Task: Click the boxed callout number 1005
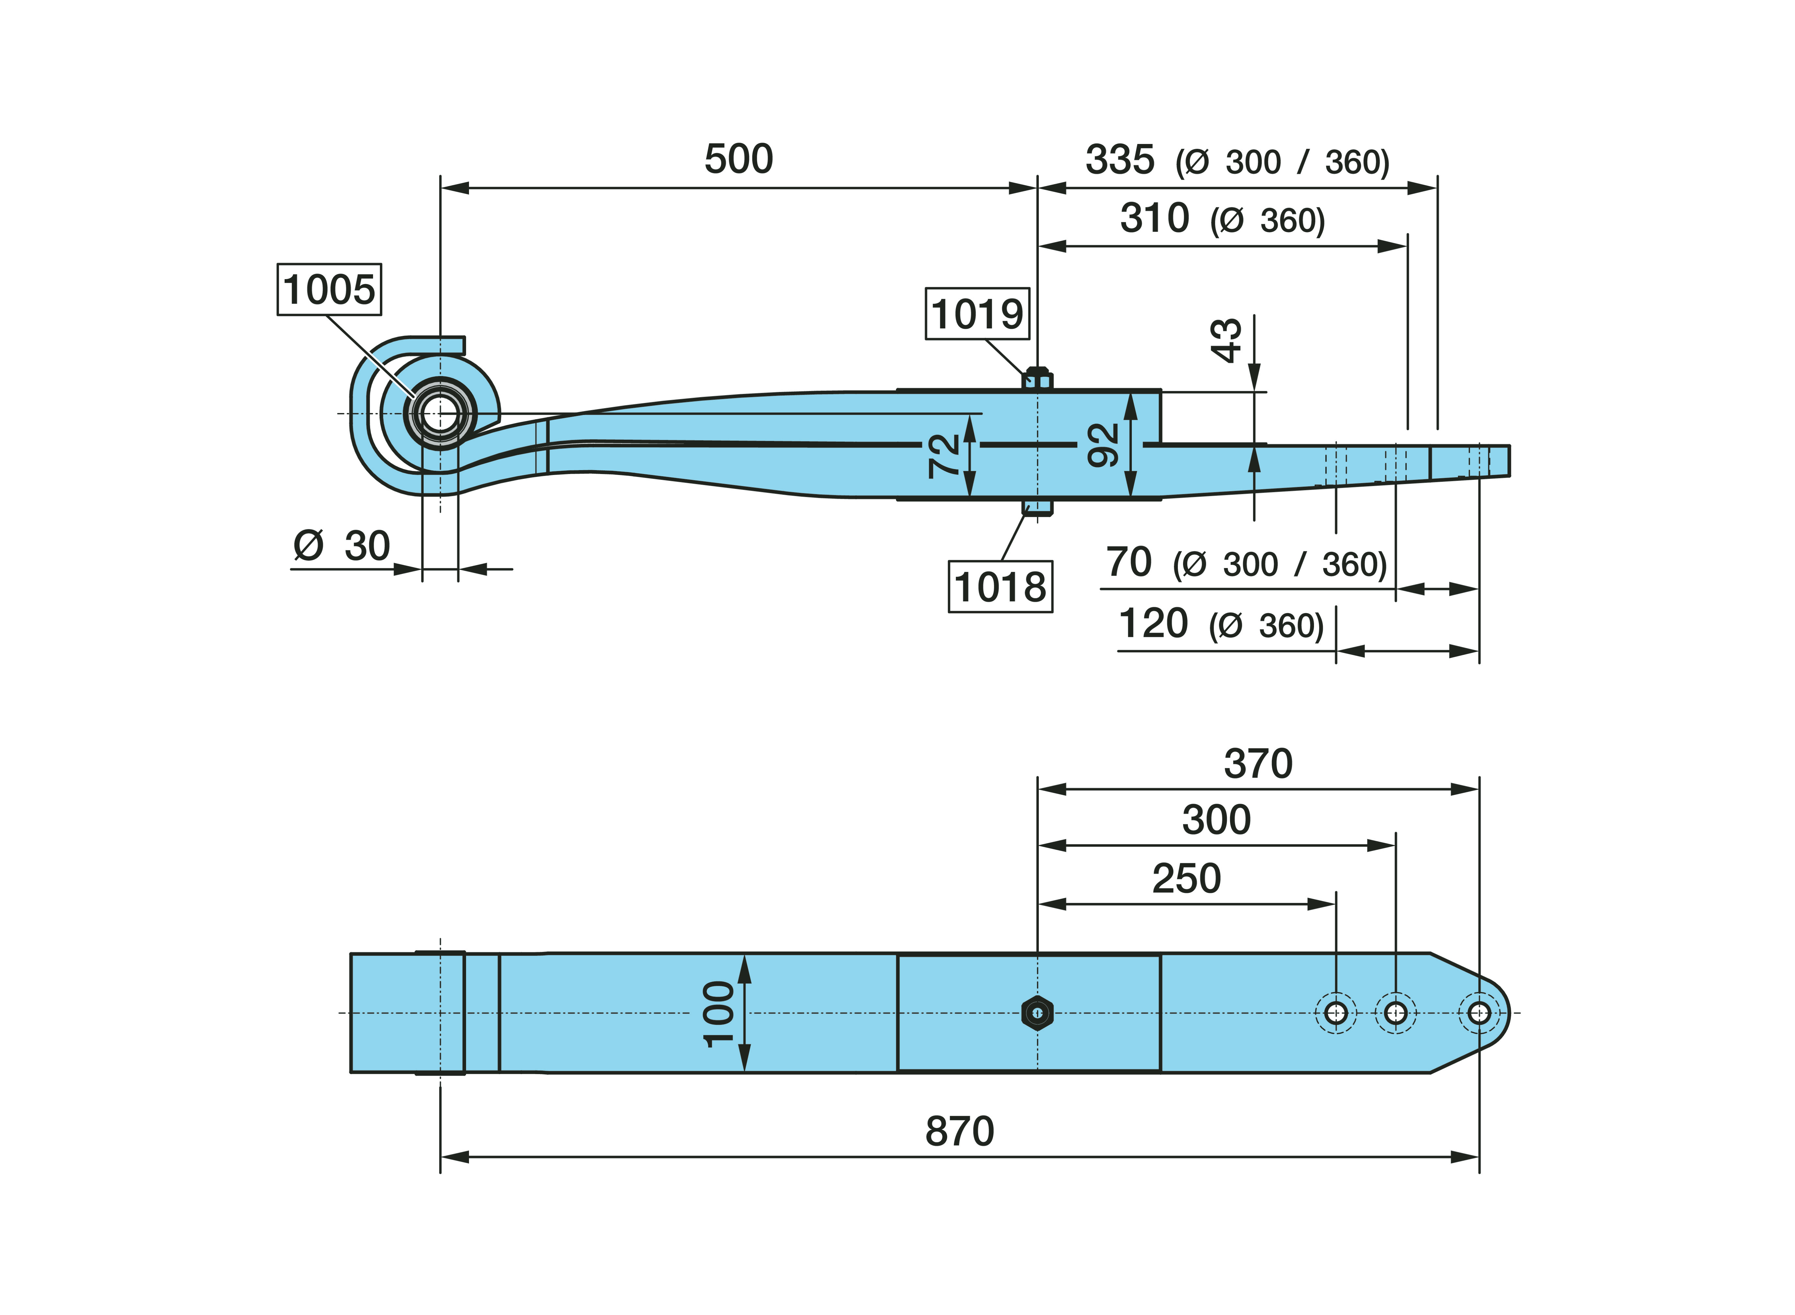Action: click(329, 289)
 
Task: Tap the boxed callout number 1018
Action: click(1000, 587)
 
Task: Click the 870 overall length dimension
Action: click(960, 1131)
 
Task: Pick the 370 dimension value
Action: click(1258, 763)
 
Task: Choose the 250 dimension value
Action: click(1186, 879)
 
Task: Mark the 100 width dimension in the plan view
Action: click(718, 1013)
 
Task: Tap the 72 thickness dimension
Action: click(944, 455)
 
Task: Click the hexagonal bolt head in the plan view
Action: click(1037, 1012)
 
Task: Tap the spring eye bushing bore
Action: click(439, 414)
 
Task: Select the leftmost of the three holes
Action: click(1336, 1012)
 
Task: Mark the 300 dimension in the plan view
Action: click(1216, 820)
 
